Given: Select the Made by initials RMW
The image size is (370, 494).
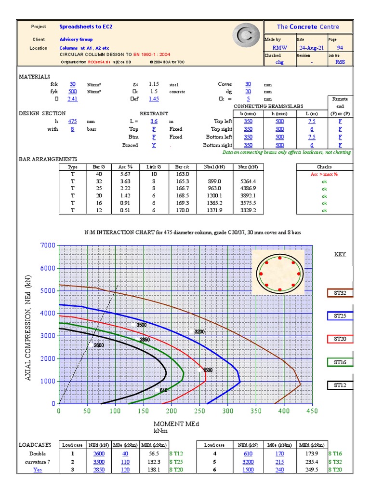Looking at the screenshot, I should point(279,48).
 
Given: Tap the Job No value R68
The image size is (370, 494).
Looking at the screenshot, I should point(340,62).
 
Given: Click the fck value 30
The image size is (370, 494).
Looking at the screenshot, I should point(72,84).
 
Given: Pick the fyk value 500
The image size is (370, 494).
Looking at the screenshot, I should point(72,91).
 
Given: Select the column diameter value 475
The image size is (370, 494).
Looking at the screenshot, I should point(72,122).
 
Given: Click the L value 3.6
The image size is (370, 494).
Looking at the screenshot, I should point(154,122).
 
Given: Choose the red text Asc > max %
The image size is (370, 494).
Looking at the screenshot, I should point(324,174).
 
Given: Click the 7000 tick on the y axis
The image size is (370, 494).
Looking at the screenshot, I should point(47,246).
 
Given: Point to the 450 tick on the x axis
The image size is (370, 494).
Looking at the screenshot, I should point(312,411).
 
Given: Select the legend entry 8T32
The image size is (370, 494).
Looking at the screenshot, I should point(340,293).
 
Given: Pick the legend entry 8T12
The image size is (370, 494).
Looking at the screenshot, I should point(340,385).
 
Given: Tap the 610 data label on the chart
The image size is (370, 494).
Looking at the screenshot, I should point(163,390).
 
